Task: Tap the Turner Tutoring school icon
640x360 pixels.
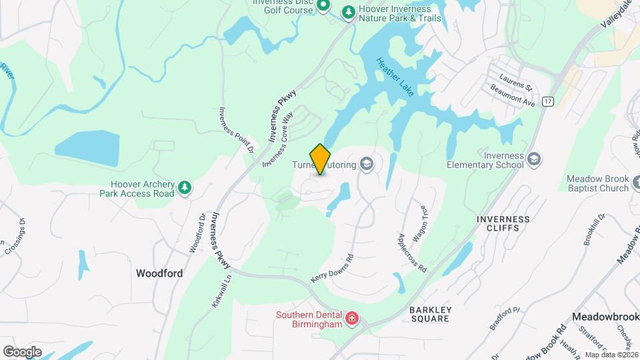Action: (x=366, y=163)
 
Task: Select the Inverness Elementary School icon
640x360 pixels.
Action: (x=533, y=159)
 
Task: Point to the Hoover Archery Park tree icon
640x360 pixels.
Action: (x=185, y=189)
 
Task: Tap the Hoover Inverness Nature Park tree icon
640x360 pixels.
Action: (x=348, y=12)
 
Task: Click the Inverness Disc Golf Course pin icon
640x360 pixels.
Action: (x=323, y=7)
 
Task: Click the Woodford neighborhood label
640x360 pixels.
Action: (x=159, y=273)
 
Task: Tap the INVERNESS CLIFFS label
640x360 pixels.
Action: (x=503, y=224)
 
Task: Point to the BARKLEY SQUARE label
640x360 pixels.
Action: (x=431, y=315)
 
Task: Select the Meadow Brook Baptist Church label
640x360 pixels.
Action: (x=597, y=183)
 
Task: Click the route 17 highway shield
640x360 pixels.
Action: (x=548, y=101)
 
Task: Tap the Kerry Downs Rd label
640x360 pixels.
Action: (x=331, y=268)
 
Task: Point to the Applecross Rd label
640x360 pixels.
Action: (x=411, y=253)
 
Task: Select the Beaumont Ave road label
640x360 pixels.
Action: (x=513, y=96)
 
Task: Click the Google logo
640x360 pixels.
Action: (x=22, y=352)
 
